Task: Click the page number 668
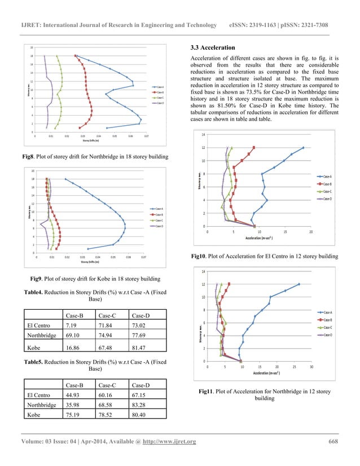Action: click(332, 441)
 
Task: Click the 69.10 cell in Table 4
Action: click(75, 336)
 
